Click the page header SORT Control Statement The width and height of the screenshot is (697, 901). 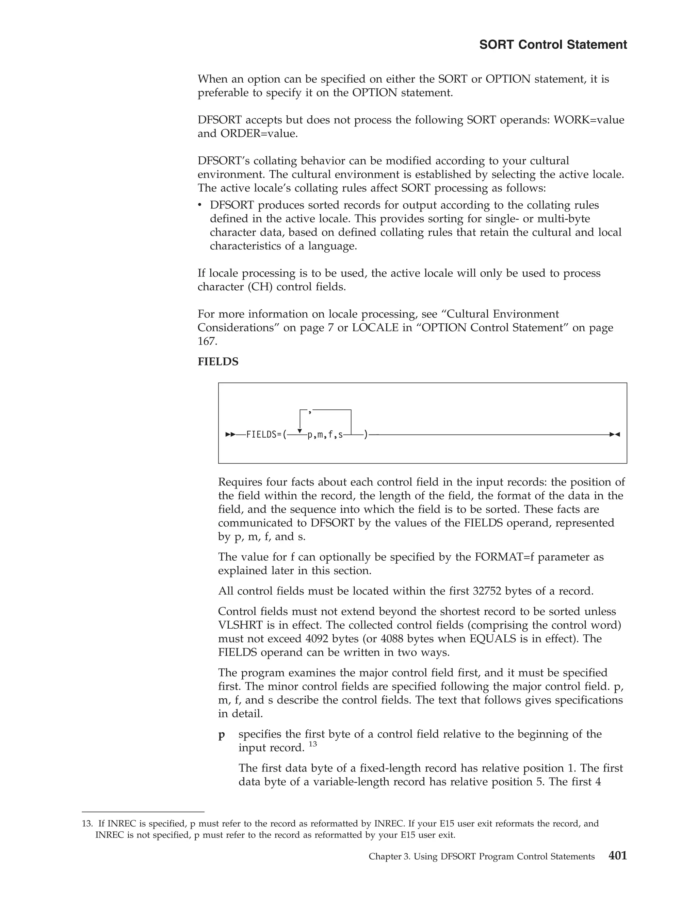tap(553, 45)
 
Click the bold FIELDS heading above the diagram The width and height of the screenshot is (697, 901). tap(218, 362)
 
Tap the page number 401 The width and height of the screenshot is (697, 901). tap(617, 856)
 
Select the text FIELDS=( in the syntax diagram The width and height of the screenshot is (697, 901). tap(266, 435)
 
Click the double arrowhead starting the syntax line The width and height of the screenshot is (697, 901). tap(230, 435)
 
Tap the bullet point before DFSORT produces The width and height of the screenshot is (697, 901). tap(200, 205)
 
